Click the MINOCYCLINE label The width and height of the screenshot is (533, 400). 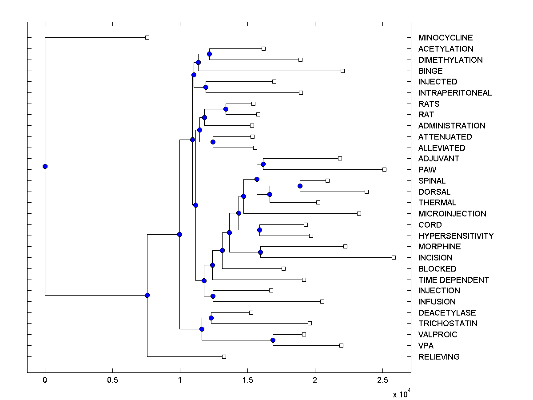445,38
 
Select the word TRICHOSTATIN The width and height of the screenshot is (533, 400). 448,324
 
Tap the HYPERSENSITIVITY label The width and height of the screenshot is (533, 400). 456,236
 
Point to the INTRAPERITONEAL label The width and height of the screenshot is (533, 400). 455,93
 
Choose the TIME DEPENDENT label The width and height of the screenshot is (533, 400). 453,280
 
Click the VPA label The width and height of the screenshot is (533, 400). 426,346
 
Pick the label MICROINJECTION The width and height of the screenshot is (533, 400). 452,214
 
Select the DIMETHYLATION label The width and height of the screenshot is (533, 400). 450,60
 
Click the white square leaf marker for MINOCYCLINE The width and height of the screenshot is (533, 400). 147,38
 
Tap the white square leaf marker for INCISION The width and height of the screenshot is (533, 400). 394,257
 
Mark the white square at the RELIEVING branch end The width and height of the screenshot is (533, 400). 224,356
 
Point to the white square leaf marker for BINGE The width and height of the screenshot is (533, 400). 342,71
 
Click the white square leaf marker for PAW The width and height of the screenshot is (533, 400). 385,169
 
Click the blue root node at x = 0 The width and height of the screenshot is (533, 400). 45,166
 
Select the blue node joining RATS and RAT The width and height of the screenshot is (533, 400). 226,109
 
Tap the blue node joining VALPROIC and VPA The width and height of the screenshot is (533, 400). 273,340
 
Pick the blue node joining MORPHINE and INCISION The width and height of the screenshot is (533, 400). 260,252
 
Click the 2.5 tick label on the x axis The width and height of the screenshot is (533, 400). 382,380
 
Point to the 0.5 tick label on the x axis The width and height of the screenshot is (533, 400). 112,380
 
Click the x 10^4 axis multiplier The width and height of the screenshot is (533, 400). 400,393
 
